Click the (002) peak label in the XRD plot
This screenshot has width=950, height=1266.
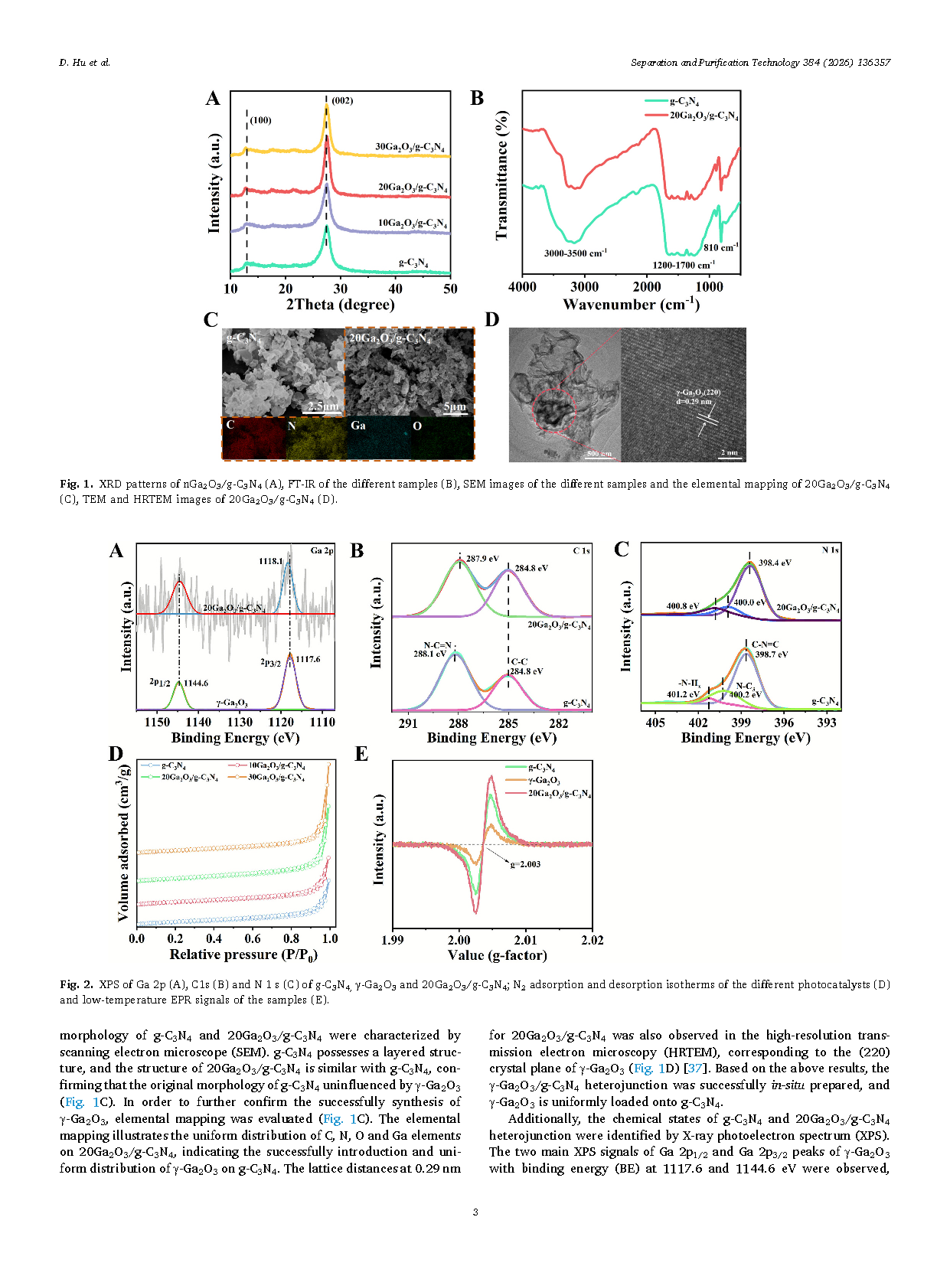pyautogui.click(x=342, y=101)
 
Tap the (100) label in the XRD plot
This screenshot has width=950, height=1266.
pyautogui.click(x=260, y=120)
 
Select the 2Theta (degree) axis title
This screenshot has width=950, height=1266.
pyautogui.click(x=340, y=305)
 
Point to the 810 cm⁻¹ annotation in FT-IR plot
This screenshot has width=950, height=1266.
pyautogui.click(x=720, y=247)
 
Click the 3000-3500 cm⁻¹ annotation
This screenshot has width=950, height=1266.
pyautogui.click(x=575, y=253)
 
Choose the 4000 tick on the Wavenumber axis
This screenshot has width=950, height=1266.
pyautogui.click(x=522, y=287)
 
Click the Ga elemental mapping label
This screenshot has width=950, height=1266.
pyautogui.click(x=357, y=426)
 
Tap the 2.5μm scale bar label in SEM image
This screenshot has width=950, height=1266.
pyautogui.click(x=323, y=406)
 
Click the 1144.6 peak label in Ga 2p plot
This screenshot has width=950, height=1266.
pyautogui.click(x=195, y=683)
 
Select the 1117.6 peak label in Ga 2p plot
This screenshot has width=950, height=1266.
pyautogui.click(x=308, y=659)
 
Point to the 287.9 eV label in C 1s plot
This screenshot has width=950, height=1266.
pyautogui.click(x=482, y=559)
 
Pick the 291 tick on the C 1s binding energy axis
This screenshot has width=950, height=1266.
pyautogui.click(x=408, y=723)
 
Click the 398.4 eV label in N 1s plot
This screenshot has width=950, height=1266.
pyautogui.click(x=775, y=563)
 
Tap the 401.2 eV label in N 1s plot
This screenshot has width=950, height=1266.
pyautogui.click(x=683, y=695)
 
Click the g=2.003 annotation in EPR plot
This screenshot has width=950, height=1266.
pyautogui.click(x=525, y=864)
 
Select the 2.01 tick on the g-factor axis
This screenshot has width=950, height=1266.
pyautogui.click(x=526, y=940)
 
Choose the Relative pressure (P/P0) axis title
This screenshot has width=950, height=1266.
pyautogui.click(x=243, y=954)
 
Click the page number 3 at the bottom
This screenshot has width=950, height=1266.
pyautogui.click(x=475, y=1212)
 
